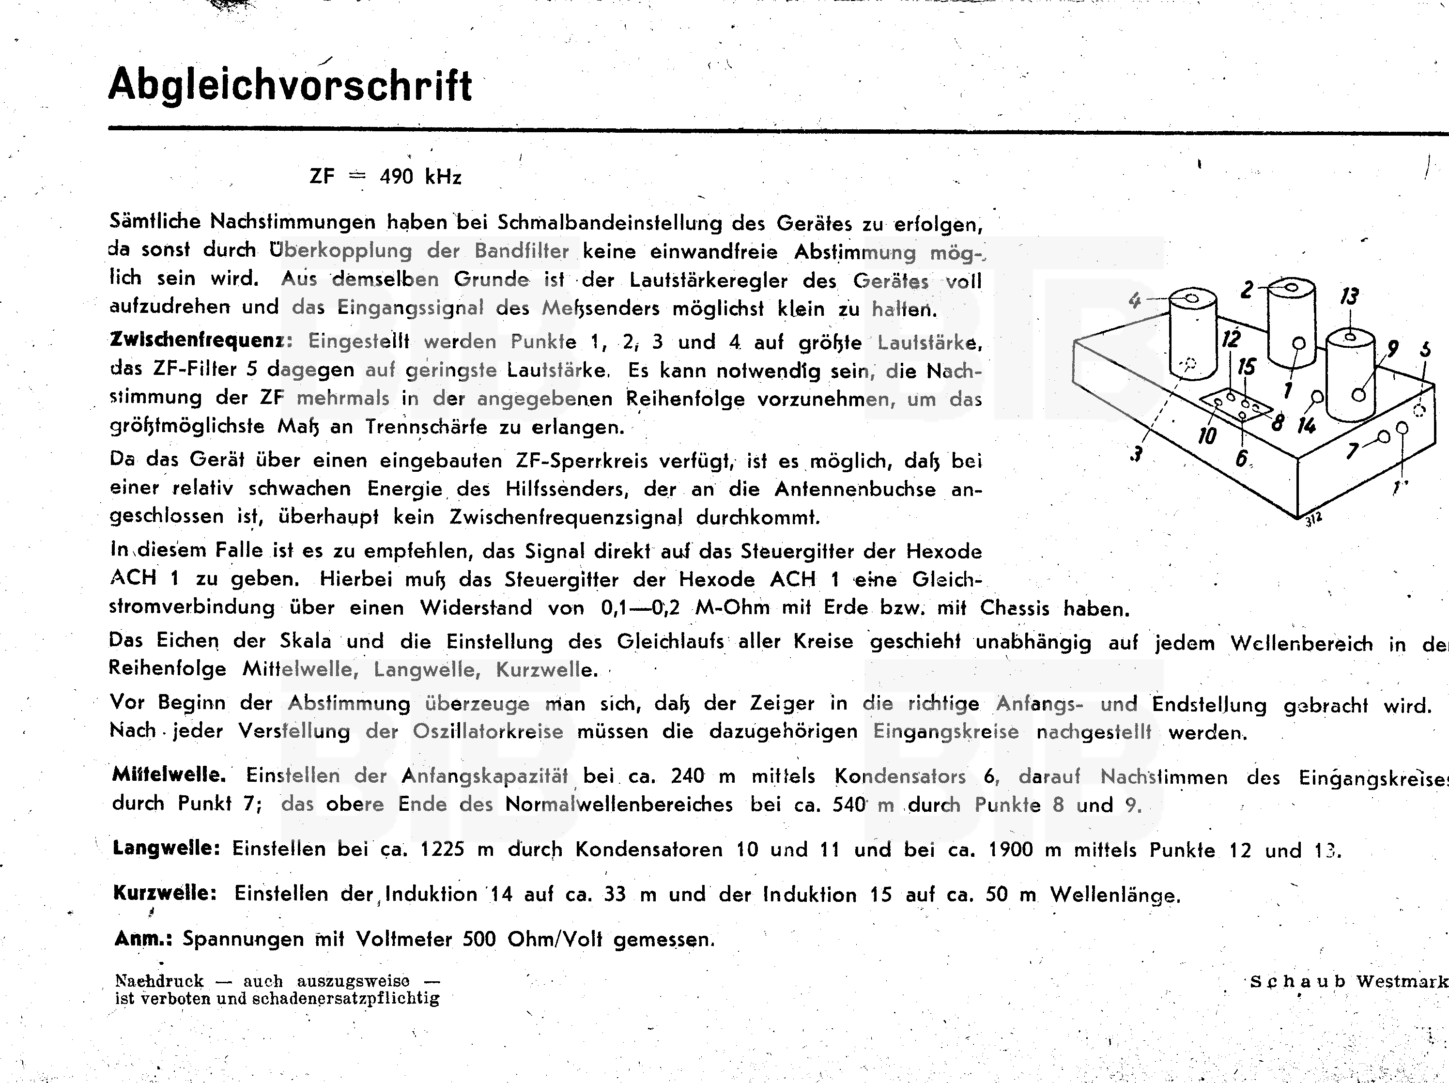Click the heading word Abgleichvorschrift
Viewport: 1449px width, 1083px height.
tap(290, 85)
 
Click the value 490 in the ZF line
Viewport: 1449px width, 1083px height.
tap(396, 177)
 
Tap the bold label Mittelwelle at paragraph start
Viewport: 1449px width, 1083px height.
tap(169, 775)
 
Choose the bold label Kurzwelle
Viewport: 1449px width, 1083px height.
tap(165, 893)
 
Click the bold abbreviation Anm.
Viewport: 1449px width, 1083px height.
tap(143, 938)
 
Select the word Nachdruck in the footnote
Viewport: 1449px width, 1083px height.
tap(159, 981)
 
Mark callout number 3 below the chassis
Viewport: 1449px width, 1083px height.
tap(1137, 454)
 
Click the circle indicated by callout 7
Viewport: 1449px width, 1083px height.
tap(1384, 437)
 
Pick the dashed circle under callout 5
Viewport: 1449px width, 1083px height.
tap(1419, 411)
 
